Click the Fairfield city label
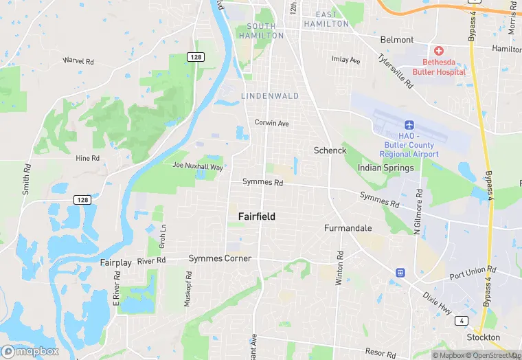tap(257, 216)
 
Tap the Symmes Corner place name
tap(220, 258)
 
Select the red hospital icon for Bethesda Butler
tap(438, 52)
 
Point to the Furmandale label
tap(348, 227)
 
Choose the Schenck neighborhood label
tap(330, 150)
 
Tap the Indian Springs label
tap(386, 168)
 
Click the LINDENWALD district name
tap(270, 96)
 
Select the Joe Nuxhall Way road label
tap(198, 166)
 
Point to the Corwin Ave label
tap(272, 123)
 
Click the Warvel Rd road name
tap(78, 60)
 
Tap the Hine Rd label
tap(87, 158)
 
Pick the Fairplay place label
tap(115, 263)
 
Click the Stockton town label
tap(483, 337)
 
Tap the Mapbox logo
tap(31, 351)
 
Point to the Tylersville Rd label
tap(397, 71)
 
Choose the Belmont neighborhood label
tap(397, 40)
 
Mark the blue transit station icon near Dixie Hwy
tap(400, 273)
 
